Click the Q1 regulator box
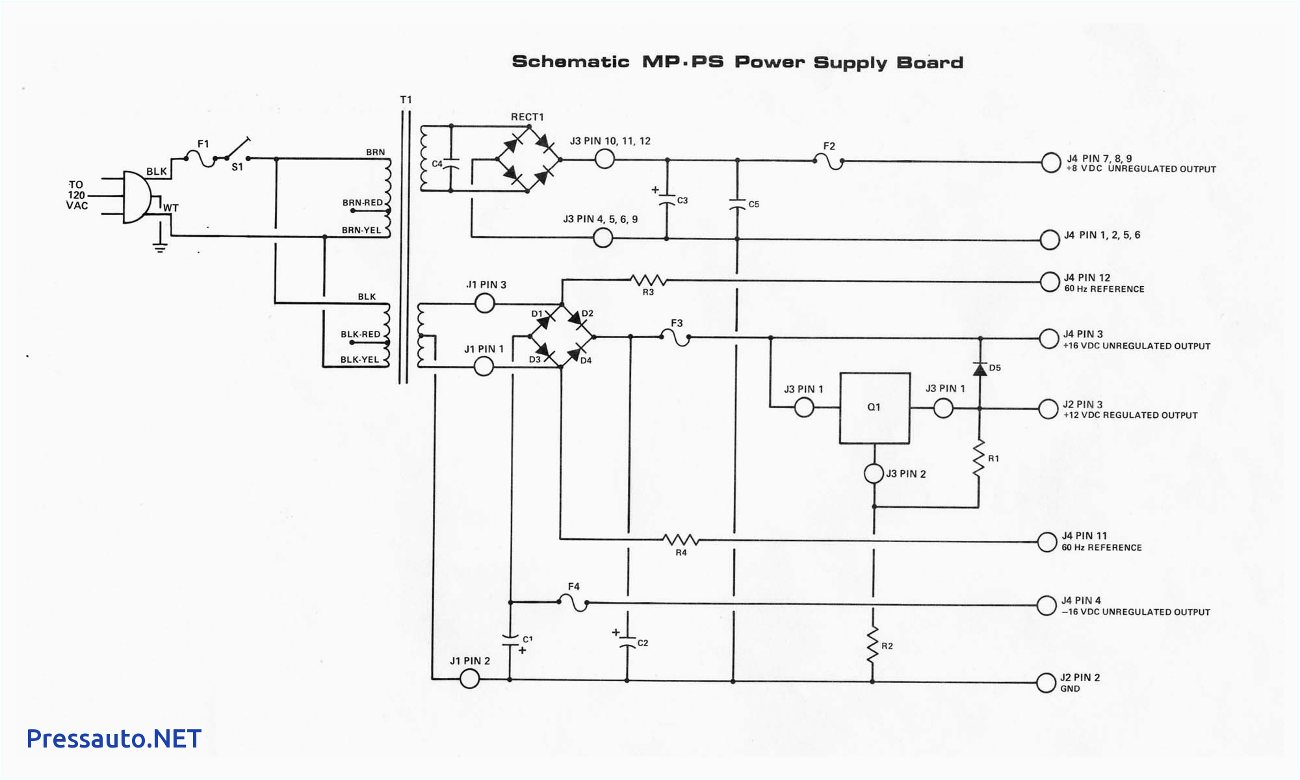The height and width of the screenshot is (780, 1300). tap(874, 408)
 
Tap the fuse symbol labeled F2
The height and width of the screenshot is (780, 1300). tap(829, 160)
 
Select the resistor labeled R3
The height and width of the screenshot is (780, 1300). tap(648, 281)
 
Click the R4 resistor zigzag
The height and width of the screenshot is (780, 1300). tap(681, 540)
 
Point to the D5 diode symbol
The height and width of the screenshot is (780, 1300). tap(980, 369)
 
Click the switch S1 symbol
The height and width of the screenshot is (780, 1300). tap(238, 150)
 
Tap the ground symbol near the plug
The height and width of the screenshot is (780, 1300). tap(160, 246)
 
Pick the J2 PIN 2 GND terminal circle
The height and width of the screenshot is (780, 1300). tap(1046, 682)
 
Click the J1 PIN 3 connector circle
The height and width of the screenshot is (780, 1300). tap(485, 303)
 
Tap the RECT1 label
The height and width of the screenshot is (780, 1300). tap(527, 117)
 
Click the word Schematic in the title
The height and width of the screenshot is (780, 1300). tap(570, 62)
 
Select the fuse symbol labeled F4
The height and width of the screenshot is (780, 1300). tap(573, 603)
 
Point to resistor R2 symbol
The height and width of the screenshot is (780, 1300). tap(873, 645)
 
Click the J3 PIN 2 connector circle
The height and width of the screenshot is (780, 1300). tap(874, 473)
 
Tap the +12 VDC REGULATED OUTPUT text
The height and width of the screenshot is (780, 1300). tap(1130, 415)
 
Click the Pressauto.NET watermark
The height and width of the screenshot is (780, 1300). tap(114, 738)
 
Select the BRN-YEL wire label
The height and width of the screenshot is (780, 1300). tap(361, 230)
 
